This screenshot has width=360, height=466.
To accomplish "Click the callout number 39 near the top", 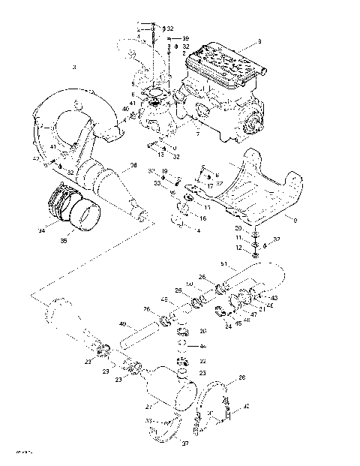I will (186, 38).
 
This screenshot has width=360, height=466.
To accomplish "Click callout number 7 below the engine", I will (196, 134).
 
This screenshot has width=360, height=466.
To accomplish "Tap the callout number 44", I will (202, 346).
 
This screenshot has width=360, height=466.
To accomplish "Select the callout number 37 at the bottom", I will (185, 444).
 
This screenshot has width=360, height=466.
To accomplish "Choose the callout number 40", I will (126, 109).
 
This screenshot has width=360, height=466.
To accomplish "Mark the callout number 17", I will (211, 185).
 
